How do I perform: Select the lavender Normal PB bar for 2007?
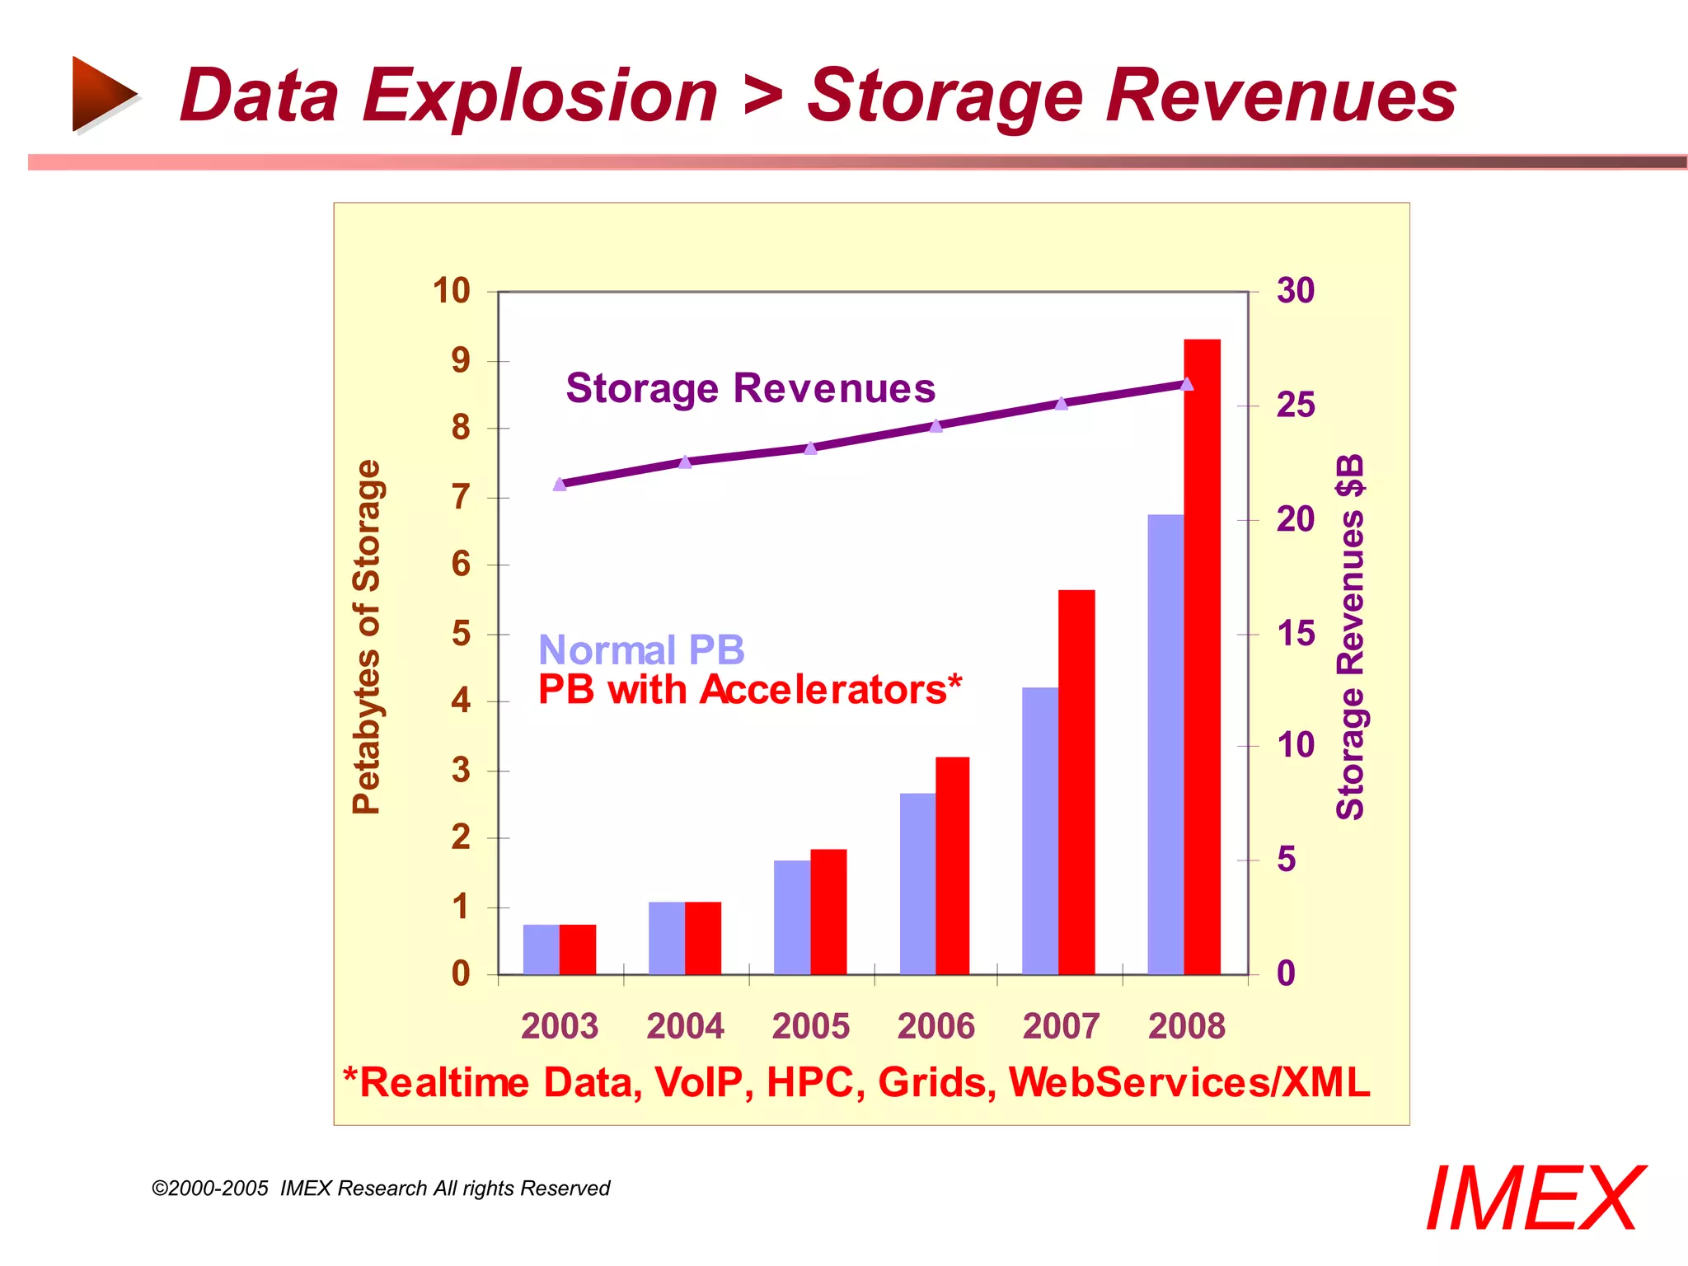[1040, 831]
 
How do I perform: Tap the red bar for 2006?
[952, 865]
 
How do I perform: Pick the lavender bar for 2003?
[541, 949]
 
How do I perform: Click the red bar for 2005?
[828, 912]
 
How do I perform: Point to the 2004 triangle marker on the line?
[685, 462]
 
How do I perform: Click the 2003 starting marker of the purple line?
[560, 485]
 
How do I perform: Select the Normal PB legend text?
[641, 650]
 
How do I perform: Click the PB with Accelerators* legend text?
[749, 690]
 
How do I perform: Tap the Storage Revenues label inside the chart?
[750, 388]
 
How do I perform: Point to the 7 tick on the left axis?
[461, 497]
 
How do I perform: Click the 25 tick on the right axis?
[1295, 406]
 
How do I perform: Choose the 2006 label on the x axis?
[935, 1026]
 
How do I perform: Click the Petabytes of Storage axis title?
[367, 636]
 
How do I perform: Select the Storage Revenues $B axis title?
[1350, 636]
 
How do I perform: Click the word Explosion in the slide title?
[540, 96]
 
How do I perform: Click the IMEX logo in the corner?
[1535, 1198]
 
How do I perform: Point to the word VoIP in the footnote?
[703, 1083]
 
